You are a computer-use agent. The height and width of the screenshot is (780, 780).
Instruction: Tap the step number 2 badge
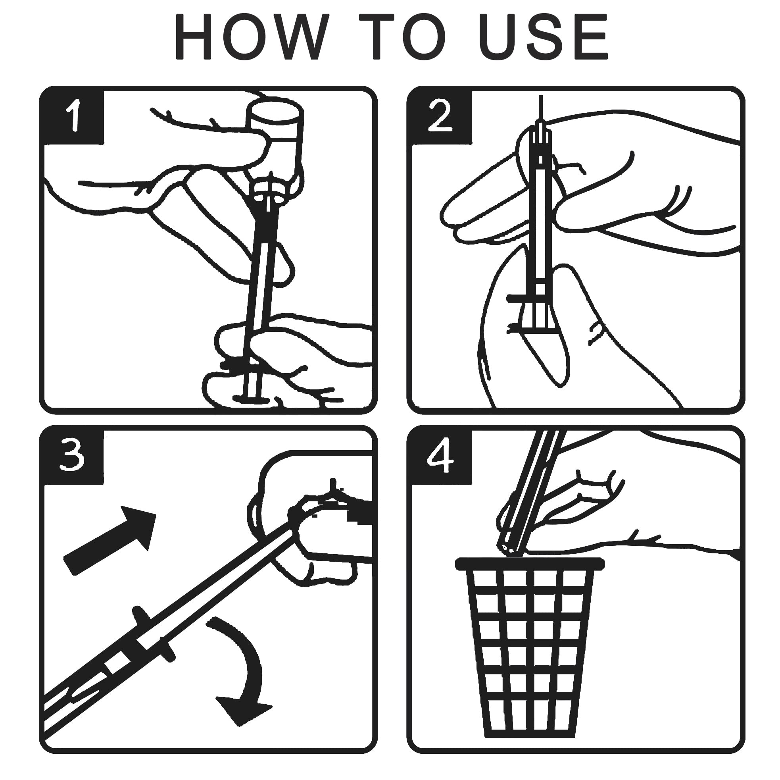click(441, 116)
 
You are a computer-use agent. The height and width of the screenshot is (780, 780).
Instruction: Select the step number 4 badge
click(441, 456)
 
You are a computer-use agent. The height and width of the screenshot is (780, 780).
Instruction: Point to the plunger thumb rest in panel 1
click(252, 399)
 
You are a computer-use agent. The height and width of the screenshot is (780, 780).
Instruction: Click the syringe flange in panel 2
click(524, 299)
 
